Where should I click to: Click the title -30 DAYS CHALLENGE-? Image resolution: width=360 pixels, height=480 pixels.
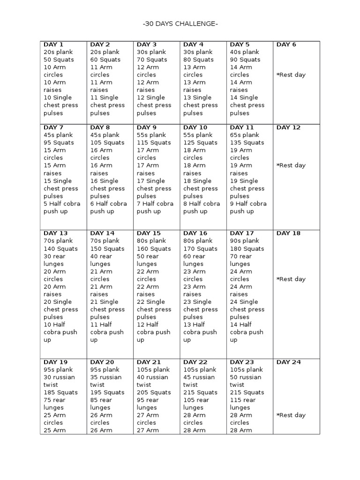180,23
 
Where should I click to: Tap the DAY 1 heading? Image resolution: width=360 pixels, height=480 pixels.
53,45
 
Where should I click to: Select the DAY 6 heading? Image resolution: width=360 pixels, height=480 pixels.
286,45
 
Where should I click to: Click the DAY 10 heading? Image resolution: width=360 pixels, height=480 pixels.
195,127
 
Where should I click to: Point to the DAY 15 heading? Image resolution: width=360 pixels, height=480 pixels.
149,233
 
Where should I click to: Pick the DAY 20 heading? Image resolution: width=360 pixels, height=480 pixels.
102,362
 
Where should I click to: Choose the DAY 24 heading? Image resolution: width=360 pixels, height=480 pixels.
289,362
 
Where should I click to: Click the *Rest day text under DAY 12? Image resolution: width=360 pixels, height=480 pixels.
291,165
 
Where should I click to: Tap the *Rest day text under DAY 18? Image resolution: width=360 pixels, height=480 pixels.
291,279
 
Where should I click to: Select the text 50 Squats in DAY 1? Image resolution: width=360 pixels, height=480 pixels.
59,60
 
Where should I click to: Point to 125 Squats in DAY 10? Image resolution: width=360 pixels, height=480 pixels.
201,142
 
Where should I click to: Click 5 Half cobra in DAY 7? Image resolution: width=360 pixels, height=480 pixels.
62,203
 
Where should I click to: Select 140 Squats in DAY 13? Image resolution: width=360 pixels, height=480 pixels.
61,248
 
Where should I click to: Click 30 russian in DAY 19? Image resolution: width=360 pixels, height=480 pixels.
59,377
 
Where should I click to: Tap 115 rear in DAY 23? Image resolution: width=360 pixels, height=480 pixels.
243,400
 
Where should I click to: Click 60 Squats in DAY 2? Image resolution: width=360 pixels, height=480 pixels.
105,60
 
